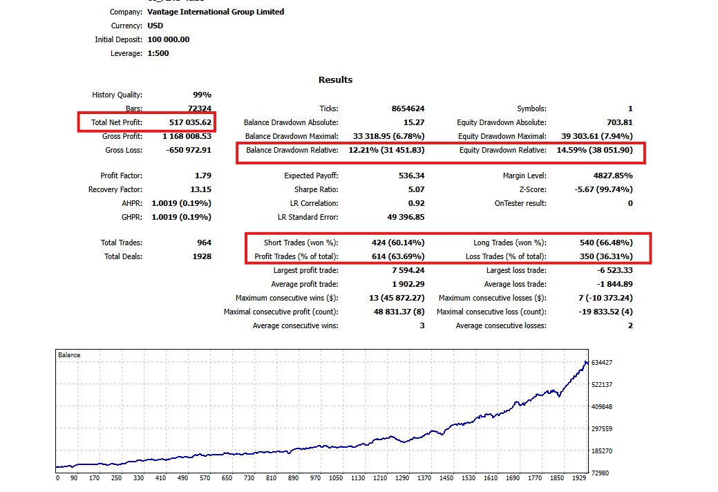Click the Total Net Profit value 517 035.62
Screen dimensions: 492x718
click(x=190, y=122)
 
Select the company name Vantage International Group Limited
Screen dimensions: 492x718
click(x=216, y=12)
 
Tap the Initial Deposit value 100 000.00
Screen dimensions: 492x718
click(x=169, y=39)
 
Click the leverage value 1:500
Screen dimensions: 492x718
click(x=158, y=53)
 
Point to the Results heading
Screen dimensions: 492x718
click(x=335, y=79)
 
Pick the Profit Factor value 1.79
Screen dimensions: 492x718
click(x=203, y=176)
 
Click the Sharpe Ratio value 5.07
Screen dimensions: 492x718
click(x=416, y=189)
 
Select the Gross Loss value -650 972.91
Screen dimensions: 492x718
click(x=188, y=150)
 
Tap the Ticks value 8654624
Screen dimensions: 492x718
click(x=408, y=108)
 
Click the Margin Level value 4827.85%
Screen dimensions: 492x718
click(x=608, y=176)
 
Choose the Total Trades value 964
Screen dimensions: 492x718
click(x=203, y=243)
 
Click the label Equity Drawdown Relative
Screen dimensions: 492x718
click(x=502, y=150)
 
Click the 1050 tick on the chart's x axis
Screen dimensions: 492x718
click(x=335, y=478)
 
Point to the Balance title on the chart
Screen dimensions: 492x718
click(x=69, y=355)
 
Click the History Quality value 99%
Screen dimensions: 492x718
click(x=202, y=95)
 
